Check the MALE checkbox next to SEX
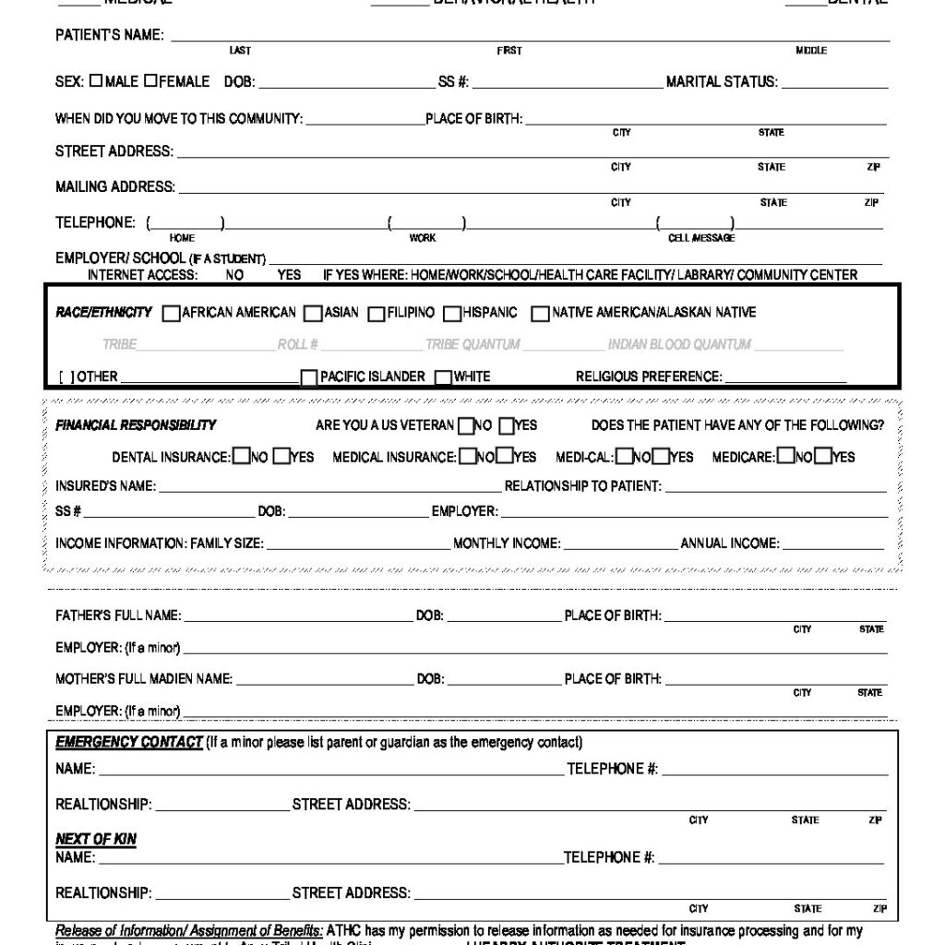pyautogui.click(x=96, y=81)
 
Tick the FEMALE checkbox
pyautogui.click(x=150, y=81)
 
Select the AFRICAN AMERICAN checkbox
pyautogui.click(x=171, y=314)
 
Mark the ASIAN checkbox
pyautogui.click(x=314, y=314)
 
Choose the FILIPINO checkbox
pyautogui.click(x=377, y=314)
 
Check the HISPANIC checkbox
pyautogui.click(x=452, y=314)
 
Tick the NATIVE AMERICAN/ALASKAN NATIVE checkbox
pyautogui.click(x=541, y=314)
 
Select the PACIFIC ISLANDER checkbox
pyautogui.click(x=310, y=377)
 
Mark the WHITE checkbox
pyautogui.click(x=444, y=377)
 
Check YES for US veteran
pyautogui.click(x=507, y=425)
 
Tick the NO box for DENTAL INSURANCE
pyautogui.click(x=241, y=456)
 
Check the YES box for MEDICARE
pyautogui.click(x=823, y=456)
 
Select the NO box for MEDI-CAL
pyautogui.click(x=624, y=456)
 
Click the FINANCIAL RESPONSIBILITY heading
pyautogui.click(x=136, y=425)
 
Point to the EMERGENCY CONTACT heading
pyautogui.click(x=128, y=743)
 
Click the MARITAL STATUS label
pyautogui.click(x=722, y=82)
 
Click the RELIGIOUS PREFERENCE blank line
pyautogui.click(x=785, y=378)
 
